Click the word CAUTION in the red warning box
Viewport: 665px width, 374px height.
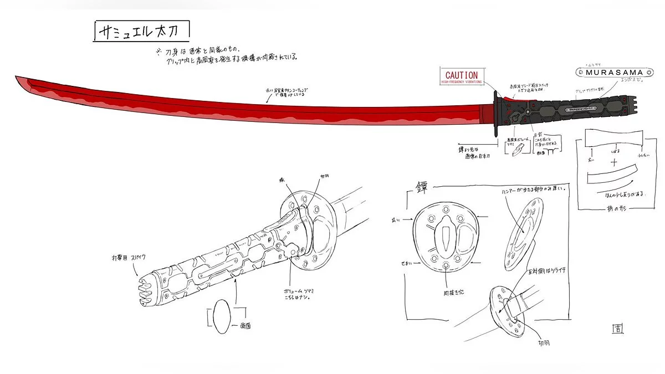[x=461, y=75]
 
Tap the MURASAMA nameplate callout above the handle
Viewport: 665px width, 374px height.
[x=609, y=72]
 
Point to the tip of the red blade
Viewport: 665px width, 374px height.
[x=17, y=78]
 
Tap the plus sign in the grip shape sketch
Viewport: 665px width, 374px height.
[x=613, y=163]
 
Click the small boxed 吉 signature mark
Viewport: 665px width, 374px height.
[x=617, y=329]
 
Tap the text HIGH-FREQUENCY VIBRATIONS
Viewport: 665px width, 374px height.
[x=461, y=82]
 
